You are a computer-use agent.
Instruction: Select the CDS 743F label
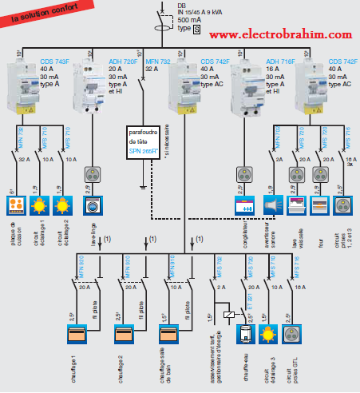tap(55, 61)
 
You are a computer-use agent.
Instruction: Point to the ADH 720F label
tap(122, 61)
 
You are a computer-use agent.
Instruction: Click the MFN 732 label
tap(155, 61)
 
